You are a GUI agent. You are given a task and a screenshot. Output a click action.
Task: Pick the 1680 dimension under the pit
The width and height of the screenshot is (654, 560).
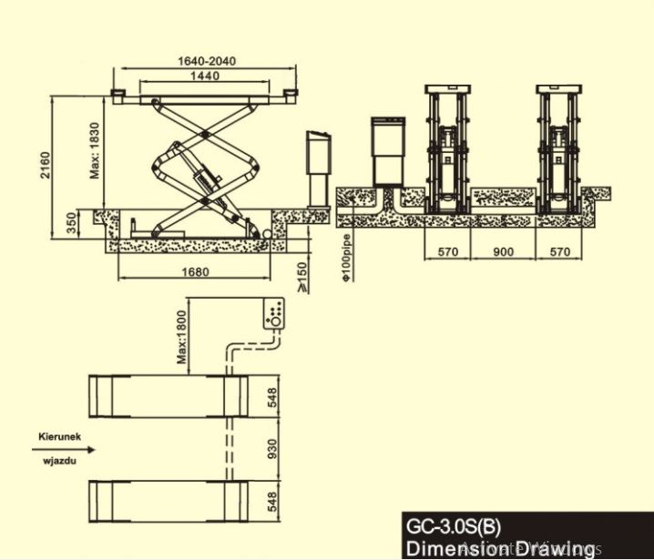195,271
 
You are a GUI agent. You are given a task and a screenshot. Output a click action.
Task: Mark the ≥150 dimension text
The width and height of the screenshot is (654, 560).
302,274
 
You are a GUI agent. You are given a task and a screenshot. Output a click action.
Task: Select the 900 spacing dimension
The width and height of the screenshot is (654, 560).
503,252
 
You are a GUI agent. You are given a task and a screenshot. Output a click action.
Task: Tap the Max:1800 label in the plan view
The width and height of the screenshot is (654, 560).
182,335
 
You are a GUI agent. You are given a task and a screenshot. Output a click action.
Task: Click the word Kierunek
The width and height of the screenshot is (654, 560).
60,436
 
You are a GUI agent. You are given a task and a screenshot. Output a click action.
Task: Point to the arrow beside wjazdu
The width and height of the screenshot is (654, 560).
55,449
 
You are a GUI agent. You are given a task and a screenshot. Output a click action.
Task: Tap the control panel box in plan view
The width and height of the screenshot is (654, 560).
275,315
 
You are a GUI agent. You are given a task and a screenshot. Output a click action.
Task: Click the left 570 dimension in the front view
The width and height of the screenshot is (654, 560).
446,252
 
